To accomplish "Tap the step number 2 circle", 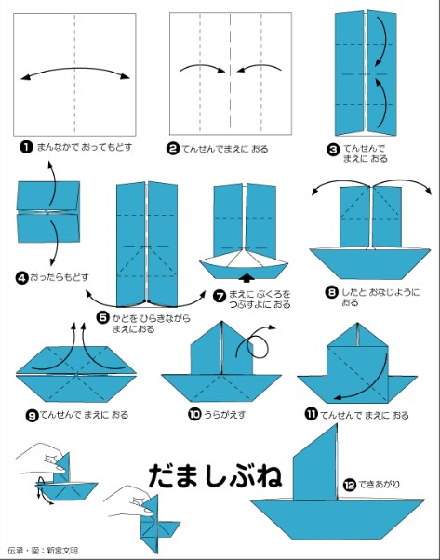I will point(173,147).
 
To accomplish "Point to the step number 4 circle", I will point(21,276).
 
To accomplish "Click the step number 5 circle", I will point(103,317).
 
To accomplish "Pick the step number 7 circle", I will point(220,296).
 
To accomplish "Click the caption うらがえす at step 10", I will point(225,415).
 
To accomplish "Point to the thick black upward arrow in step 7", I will point(246,277).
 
